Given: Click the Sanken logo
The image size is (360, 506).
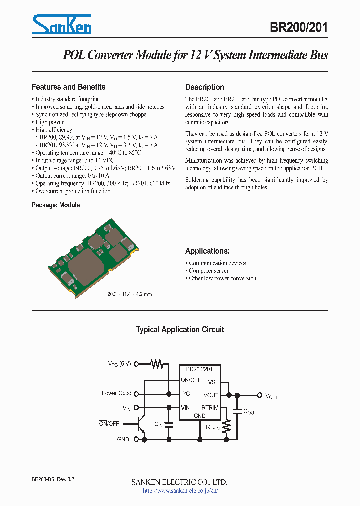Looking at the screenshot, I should [x=62, y=24].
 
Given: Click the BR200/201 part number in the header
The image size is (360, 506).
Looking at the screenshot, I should [x=298, y=28].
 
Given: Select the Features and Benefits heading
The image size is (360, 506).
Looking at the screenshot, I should [x=68, y=87].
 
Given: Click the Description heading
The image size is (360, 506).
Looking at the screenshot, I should [x=205, y=87].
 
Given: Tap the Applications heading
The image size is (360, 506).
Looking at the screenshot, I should [x=207, y=251].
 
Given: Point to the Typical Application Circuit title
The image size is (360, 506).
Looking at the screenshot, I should [x=180, y=330].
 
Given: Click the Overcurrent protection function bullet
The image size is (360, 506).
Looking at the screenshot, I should [x=73, y=191].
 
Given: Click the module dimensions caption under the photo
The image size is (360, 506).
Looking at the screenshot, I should [x=130, y=294].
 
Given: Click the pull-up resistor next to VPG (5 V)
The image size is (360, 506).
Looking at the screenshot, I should [x=158, y=364].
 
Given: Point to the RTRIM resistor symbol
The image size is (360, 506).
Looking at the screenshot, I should [x=227, y=426].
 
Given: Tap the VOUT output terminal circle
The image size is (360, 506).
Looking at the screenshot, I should [x=259, y=395].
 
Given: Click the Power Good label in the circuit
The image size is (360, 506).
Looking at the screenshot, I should [x=116, y=393].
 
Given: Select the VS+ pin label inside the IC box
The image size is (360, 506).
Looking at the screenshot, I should [x=213, y=382].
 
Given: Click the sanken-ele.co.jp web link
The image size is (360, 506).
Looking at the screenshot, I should [x=180, y=491].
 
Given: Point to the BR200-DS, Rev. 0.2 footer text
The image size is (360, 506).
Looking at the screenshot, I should [x=53, y=479].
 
